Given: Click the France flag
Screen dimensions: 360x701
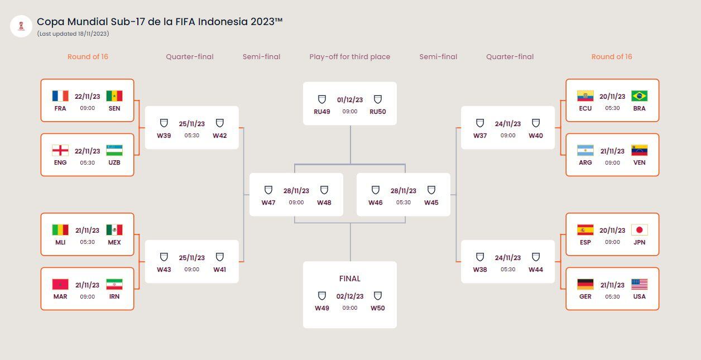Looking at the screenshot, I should click(x=60, y=96).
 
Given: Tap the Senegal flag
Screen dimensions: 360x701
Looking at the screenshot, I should click(x=114, y=96).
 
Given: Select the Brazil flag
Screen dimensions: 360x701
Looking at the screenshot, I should click(x=639, y=96).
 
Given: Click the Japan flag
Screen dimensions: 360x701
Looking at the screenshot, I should click(x=639, y=230).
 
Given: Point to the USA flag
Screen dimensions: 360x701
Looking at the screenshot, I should click(x=639, y=284).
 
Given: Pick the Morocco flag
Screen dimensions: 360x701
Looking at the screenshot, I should click(x=60, y=284).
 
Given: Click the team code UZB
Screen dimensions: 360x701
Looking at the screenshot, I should click(x=114, y=162).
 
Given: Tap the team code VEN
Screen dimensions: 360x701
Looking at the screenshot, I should click(x=639, y=162).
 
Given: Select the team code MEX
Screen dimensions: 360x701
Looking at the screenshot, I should click(x=114, y=242).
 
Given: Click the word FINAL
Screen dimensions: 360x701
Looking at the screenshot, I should click(x=350, y=279).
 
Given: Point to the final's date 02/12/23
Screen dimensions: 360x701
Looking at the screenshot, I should click(x=350, y=296).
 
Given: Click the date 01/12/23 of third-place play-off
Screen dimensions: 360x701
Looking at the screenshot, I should click(x=350, y=100).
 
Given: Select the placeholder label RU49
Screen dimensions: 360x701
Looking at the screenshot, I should click(x=322, y=112).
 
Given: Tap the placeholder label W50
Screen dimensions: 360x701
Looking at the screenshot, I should click(x=378, y=308).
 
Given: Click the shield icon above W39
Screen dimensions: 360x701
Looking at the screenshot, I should click(x=164, y=123).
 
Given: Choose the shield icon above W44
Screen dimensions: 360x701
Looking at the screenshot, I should click(x=536, y=257).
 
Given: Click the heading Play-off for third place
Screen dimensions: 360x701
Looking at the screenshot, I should click(x=350, y=56).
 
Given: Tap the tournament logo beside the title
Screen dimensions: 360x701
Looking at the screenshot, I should click(x=21, y=26).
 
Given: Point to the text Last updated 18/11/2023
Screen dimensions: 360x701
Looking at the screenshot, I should click(x=73, y=34).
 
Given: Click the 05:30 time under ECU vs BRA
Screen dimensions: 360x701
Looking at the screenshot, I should click(x=612, y=108).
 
